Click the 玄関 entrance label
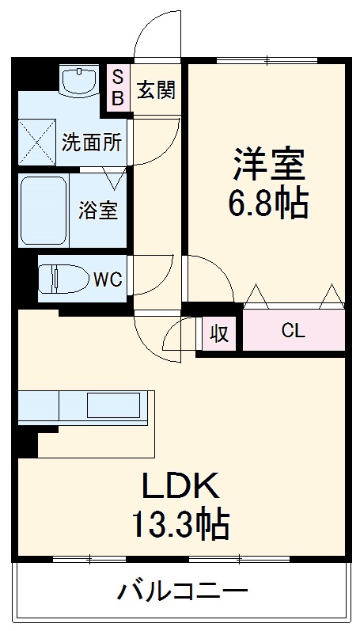click(x=156, y=90)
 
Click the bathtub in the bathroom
click(x=44, y=210)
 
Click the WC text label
click(x=108, y=279)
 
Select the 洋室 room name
click(x=267, y=165)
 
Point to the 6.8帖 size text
click(x=267, y=204)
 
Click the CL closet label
click(x=293, y=332)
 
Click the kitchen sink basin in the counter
click(x=114, y=405)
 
